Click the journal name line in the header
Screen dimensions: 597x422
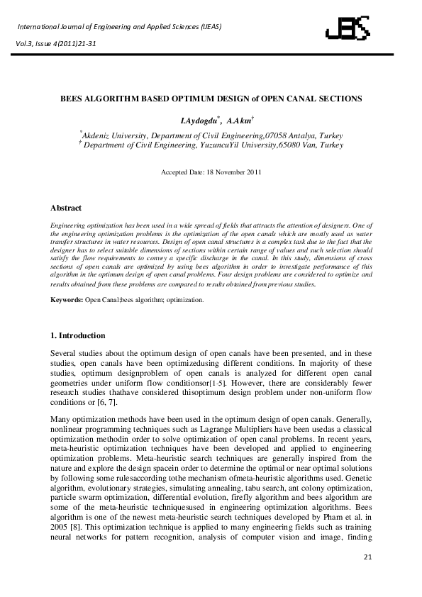pyautogui.click(x=119, y=27)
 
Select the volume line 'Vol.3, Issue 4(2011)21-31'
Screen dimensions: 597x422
pyautogui.click(x=58, y=43)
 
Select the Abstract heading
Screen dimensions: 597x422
pyautogui.click(x=66, y=208)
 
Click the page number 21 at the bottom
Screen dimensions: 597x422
pyautogui.click(x=367, y=579)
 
